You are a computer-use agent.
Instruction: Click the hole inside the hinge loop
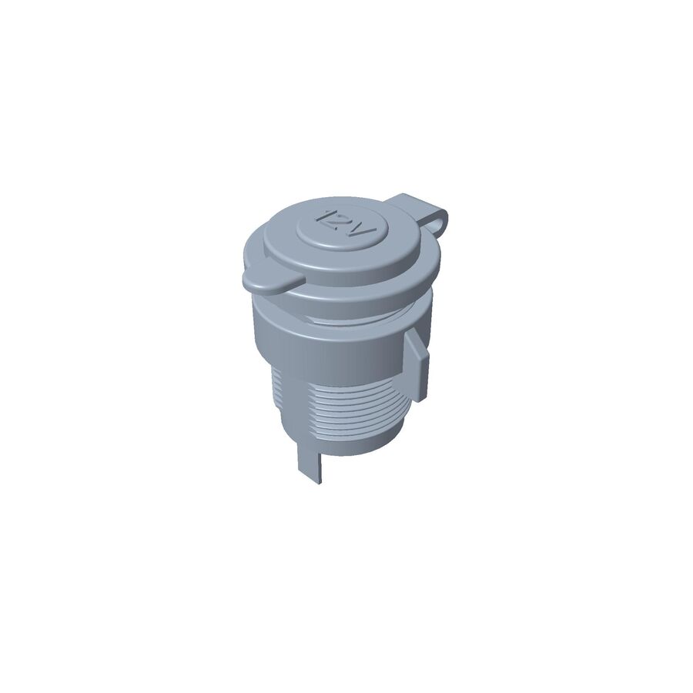pos(440,223)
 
